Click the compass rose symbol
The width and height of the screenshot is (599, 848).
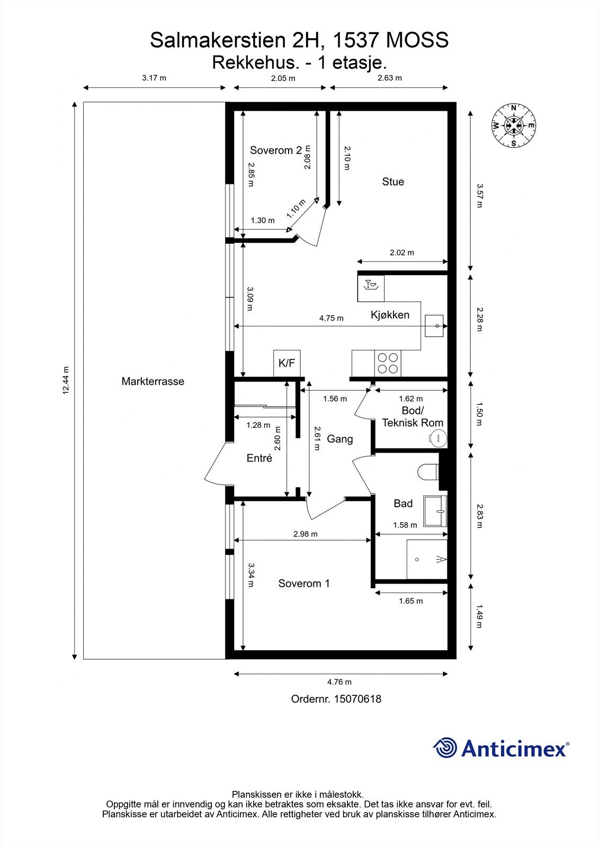tap(514, 125)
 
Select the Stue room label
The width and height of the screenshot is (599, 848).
tap(393, 182)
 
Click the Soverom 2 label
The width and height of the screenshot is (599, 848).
tap(276, 151)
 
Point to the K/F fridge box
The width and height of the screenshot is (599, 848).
tap(287, 363)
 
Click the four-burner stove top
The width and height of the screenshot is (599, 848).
tap(388, 363)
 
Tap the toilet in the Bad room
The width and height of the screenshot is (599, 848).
tap(427, 472)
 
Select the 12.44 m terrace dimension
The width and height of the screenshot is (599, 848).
tap(66, 381)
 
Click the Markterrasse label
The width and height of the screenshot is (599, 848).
tap(153, 381)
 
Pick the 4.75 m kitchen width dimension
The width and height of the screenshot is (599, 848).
tap(332, 318)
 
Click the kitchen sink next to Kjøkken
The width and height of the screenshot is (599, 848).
tap(434, 325)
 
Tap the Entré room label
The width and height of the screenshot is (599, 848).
tap(259, 458)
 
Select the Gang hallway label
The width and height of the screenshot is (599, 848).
tap(340, 439)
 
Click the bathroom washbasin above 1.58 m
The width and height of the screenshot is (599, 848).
tap(435, 511)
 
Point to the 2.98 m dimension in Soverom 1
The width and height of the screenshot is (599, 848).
tap(306, 534)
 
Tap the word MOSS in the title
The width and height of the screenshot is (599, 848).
tap(417, 40)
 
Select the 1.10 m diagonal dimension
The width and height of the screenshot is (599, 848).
tap(296, 209)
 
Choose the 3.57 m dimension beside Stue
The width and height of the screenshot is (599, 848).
tap(480, 196)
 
